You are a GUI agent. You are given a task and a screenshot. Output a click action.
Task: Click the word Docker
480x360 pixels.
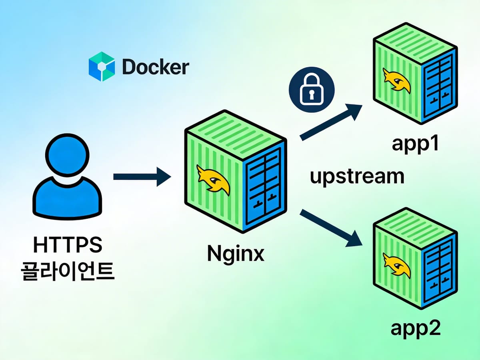tap(155, 67)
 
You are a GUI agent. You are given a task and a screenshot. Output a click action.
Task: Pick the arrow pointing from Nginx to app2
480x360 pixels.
tap(330, 228)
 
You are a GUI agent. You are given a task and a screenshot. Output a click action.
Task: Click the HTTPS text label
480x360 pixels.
tap(67, 245)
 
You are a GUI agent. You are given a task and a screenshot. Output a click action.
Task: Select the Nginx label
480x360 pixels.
tap(236, 254)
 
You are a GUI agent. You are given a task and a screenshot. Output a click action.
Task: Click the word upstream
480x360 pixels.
tap(357, 176)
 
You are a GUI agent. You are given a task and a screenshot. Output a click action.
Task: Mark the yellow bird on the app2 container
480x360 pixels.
tap(396, 264)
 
